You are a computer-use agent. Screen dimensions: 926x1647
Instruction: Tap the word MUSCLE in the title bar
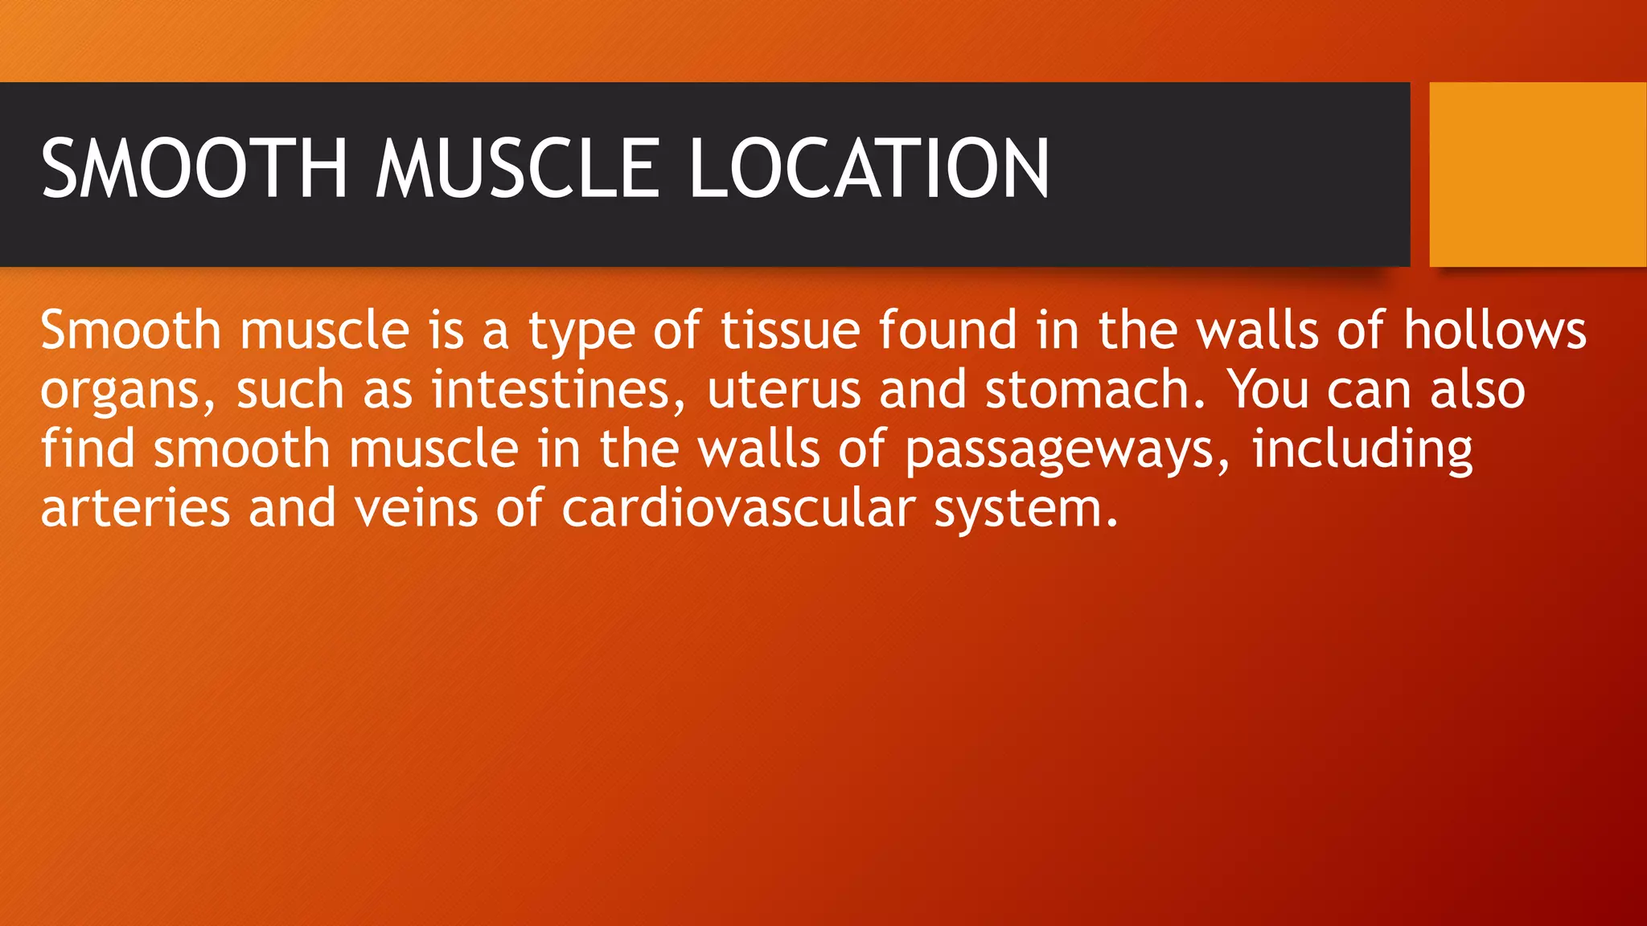click(x=518, y=168)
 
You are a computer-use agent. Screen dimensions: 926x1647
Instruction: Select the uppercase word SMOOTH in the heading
click(x=194, y=168)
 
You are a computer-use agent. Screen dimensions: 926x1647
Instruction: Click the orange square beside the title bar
click(x=1538, y=174)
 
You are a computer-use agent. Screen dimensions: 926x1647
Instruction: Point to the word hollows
click(x=1495, y=330)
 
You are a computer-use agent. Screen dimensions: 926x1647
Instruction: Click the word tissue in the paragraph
click(x=790, y=330)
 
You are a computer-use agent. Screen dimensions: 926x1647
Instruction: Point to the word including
click(x=1362, y=449)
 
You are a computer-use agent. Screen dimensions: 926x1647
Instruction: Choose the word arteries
click(x=135, y=509)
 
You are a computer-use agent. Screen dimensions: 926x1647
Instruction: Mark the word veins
click(x=416, y=509)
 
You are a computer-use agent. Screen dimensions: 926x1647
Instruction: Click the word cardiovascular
click(x=738, y=509)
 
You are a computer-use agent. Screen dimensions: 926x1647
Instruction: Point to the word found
click(x=947, y=330)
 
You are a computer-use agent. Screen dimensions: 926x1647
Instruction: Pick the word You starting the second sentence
click(x=1267, y=390)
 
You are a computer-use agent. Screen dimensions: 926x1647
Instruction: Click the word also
click(x=1477, y=390)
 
